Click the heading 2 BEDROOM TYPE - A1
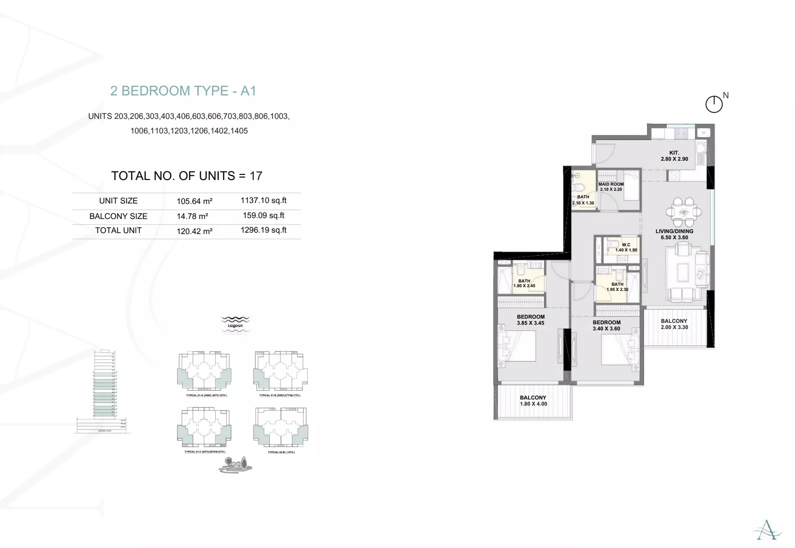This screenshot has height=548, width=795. (183, 91)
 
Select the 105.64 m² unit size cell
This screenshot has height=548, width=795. (195, 201)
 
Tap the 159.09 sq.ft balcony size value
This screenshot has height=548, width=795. (264, 216)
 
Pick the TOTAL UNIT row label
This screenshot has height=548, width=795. (118, 230)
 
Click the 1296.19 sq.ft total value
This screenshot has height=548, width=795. (264, 230)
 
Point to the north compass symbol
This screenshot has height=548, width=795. (714, 104)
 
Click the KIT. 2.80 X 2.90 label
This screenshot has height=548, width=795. (674, 156)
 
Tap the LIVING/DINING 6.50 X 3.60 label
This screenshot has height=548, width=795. (674, 234)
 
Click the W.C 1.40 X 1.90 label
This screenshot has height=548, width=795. (626, 247)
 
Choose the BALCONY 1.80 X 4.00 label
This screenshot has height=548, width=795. (533, 400)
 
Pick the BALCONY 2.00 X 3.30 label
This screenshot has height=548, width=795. (674, 324)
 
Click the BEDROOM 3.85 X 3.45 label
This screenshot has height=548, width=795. (530, 320)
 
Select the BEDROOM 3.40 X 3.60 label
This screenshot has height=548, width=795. (607, 325)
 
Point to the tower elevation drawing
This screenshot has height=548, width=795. (104, 390)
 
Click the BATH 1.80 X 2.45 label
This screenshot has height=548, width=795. (524, 283)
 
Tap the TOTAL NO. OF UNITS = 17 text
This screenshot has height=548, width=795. (187, 176)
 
